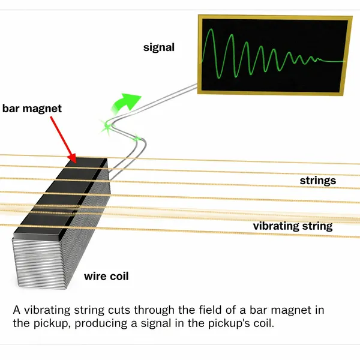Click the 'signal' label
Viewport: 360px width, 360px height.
[158, 47]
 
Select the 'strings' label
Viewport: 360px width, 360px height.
[317, 181]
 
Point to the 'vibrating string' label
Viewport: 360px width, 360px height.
[292, 226]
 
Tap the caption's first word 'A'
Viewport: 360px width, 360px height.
[16, 310]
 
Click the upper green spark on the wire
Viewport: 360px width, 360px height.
[109, 125]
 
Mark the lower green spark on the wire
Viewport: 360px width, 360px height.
[137, 140]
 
